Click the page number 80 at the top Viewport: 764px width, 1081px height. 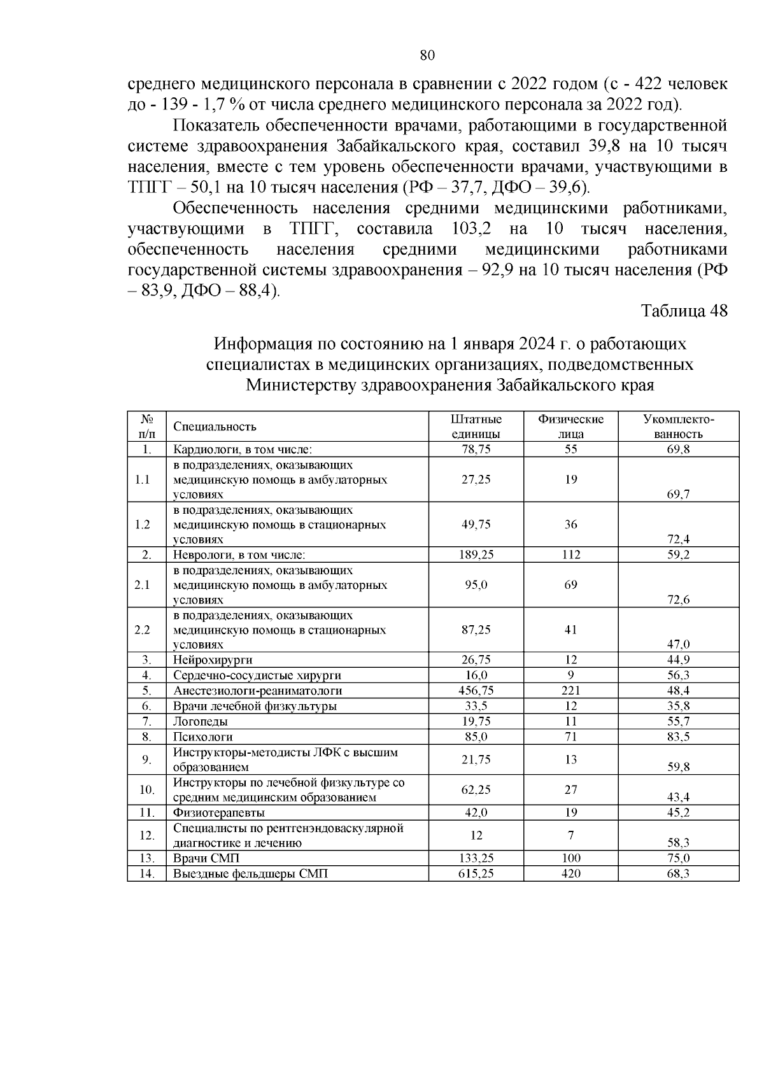(427, 55)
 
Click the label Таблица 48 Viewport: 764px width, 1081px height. (684, 311)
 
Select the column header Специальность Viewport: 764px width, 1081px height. (215, 427)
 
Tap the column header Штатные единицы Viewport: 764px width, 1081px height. (476, 427)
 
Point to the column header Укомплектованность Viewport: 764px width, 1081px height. (678, 427)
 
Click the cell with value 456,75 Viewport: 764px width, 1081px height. (476, 691)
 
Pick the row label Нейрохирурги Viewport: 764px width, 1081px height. (208, 660)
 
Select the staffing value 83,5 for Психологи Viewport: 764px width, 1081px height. (678, 737)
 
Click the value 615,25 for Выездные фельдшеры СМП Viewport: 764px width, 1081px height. (476, 874)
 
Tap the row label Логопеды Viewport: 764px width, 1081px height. (201, 722)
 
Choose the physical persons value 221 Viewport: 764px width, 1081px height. (570, 691)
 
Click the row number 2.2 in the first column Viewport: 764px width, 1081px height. (143, 630)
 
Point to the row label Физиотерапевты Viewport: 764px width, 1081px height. (219, 813)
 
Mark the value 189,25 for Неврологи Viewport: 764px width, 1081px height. (476, 555)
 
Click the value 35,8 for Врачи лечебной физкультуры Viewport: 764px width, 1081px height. (678, 707)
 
